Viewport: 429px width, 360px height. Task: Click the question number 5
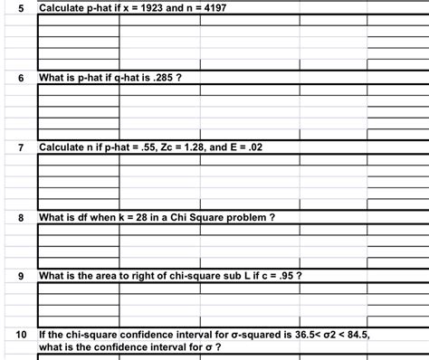coord(19,7)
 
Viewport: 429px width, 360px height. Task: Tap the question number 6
coord(19,78)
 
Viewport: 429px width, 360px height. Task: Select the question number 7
coord(19,147)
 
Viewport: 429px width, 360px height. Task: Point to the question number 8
coord(19,217)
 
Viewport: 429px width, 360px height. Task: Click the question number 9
coord(19,276)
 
